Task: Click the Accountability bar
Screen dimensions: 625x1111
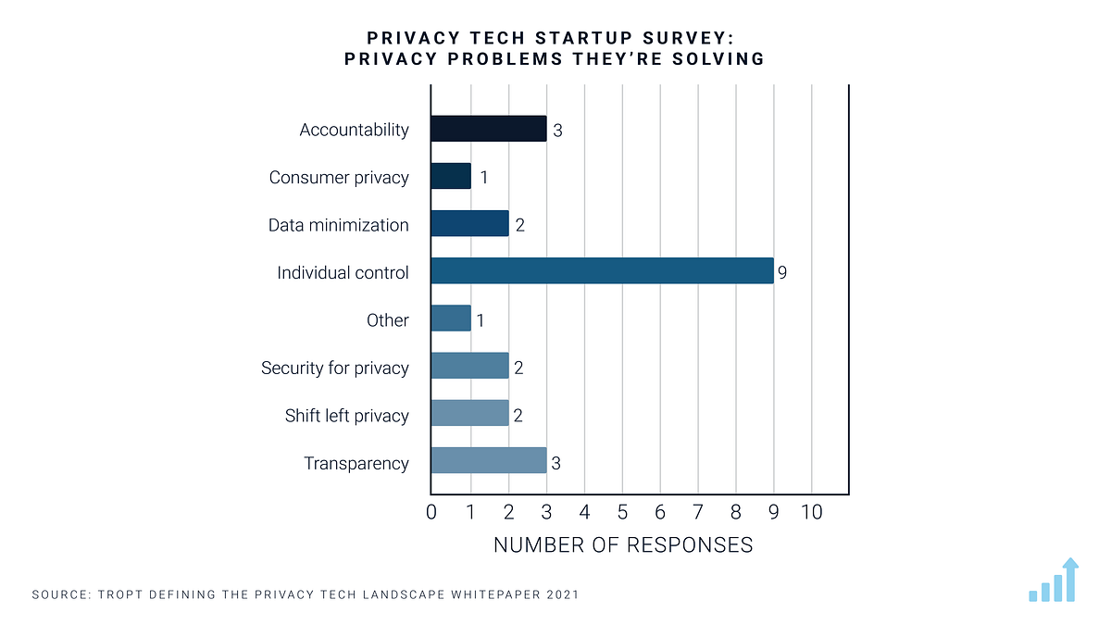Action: pyautogui.click(x=488, y=129)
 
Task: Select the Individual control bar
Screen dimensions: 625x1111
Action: pyautogui.click(x=602, y=271)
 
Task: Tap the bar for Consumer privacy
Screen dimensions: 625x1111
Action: pyautogui.click(x=451, y=176)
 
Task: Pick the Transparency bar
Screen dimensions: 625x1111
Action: pyautogui.click(x=488, y=461)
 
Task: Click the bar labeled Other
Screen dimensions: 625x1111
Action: pyautogui.click(x=451, y=319)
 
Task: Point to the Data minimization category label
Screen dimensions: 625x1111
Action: pyautogui.click(x=338, y=225)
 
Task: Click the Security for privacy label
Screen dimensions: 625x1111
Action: pyautogui.click(x=334, y=368)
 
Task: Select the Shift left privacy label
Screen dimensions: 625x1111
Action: pyautogui.click(x=346, y=416)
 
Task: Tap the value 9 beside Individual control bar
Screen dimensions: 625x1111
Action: pyautogui.click(x=782, y=272)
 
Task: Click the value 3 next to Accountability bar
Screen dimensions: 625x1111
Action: pyautogui.click(x=557, y=130)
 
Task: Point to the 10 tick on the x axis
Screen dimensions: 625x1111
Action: pyautogui.click(x=811, y=511)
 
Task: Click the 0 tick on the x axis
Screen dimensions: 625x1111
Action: pyautogui.click(x=431, y=511)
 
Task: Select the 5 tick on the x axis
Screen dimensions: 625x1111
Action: pyautogui.click(x=622, y=511)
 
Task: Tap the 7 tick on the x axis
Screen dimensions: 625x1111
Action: pyautogui.click(x=698, y=511)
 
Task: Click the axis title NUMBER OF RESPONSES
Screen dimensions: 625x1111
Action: pyautogui.click(x=623, y=544)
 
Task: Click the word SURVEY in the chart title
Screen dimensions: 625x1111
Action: pyautogui.click(x=683, y=39)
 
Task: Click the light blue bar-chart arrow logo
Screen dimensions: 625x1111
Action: pyautogui.click(x=1054, y=581)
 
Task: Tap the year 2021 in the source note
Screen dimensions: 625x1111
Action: pyautogui.click(x=560, y=594)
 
